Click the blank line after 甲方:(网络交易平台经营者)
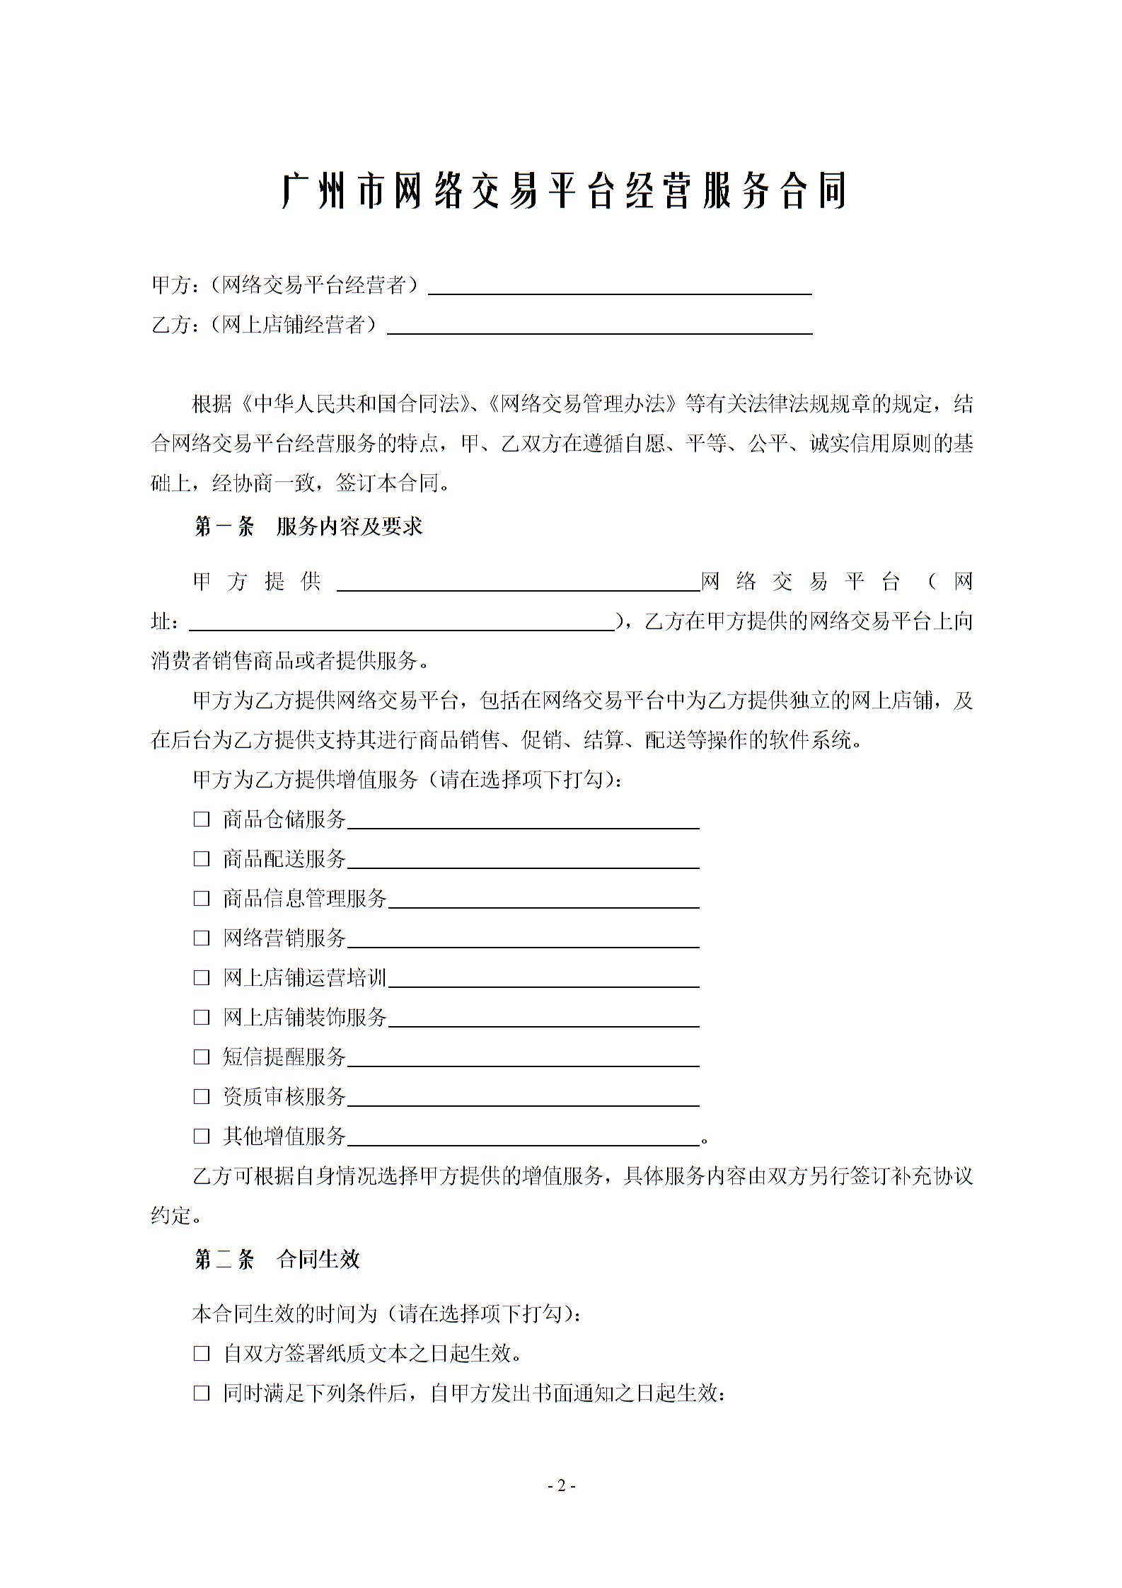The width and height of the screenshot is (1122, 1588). coord(620,290)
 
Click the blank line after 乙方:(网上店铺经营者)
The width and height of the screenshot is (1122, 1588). coord(599,330)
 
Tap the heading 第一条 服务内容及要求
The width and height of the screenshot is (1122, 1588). coord(308,527)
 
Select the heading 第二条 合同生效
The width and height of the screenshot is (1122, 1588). coord(277,1259)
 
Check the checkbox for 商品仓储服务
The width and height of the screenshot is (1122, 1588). coord(202,819)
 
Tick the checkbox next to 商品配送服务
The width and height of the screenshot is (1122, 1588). coord(202,859)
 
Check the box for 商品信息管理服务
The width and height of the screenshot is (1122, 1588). coord(202,899)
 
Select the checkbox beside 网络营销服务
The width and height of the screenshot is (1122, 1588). coord(202,938)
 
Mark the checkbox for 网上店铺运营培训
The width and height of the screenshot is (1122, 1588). coord(202,978)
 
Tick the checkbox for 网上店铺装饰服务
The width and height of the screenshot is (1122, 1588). coord(202,1018)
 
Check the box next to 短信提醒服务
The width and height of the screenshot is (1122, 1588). coord(202,1057)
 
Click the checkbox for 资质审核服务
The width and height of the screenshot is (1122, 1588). coord(202,1097)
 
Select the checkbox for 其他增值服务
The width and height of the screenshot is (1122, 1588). coord(202,1137)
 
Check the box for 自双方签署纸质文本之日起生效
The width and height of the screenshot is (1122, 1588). coord(202,1354)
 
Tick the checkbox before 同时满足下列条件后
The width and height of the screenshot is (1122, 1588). coord(202,1394)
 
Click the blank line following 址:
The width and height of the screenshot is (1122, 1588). coord(402,626)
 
